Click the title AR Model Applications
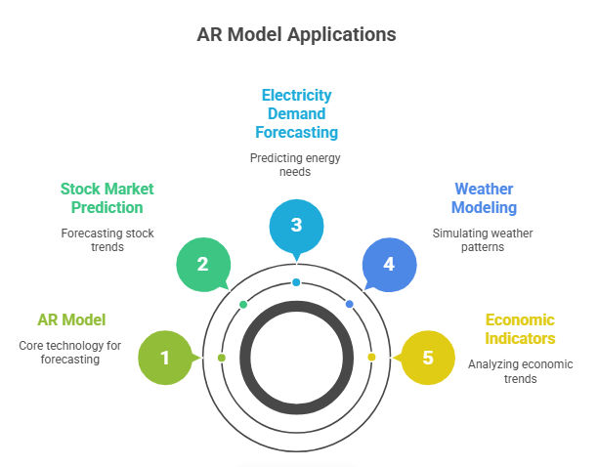click(298, 34)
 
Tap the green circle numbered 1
click(165, 358)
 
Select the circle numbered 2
click(202, 264)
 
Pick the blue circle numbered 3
click(296, 225)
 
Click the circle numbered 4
click(388, 264)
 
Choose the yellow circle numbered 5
click(427, 358)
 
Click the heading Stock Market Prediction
click(107, 197)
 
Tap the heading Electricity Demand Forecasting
click(296, 113)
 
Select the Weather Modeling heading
click(484, 197)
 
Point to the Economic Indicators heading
click(521, 329)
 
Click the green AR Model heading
click(71, 319)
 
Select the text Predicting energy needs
click(296, 164)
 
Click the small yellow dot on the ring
click(371, 358)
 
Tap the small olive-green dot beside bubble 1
click(222, 358)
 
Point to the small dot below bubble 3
click(296, 282)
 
